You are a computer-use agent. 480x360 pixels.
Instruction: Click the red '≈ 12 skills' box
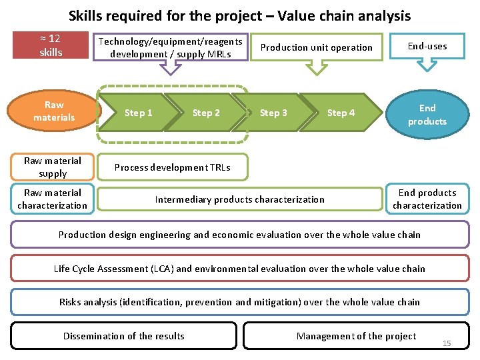pyautogui.click(x=51, y=45)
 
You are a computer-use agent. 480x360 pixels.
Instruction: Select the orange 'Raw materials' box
pyautogui.click(x=54, y=111)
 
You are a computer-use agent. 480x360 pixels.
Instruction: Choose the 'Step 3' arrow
pyautogui.click(x=273, y=113)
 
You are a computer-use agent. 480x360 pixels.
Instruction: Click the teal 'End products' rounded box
pyautogui.click(x=427, y=114)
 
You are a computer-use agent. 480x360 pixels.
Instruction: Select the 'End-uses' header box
pyautogui.click(x=427, y=46)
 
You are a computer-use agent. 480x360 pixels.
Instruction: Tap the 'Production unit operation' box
pyautogui.click(x=316, y=47)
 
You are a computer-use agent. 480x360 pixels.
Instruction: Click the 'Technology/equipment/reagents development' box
pyautogui.click(x=171, y=47)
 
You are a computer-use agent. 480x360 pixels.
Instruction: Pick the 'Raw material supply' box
pyautogui.click(x=53, y=167)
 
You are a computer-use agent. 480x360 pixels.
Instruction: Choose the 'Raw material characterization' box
pyautogui.click(x=53, y=199)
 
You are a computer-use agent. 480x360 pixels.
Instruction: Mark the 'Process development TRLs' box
pyautogui.click(x=172, y=167)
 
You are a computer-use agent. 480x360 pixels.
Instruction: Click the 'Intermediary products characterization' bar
pyautogui.click(x=240, y=199)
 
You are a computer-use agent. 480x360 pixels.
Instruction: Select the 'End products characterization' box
pyautogui.click(x=427, y=199)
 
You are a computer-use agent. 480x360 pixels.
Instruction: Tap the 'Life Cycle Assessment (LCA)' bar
pyautogui.click(x=239, y=269)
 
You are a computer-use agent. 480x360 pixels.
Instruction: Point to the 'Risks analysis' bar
pyautogui.click(x=239, y=302)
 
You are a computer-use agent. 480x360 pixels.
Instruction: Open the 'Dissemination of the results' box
pyautogui.click(x=124, y=336)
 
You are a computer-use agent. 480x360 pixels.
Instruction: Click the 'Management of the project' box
pyautogui.click(x=356, y=336)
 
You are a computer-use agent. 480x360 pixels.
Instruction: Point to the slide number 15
pyautogui.click(x=447, y=343)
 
